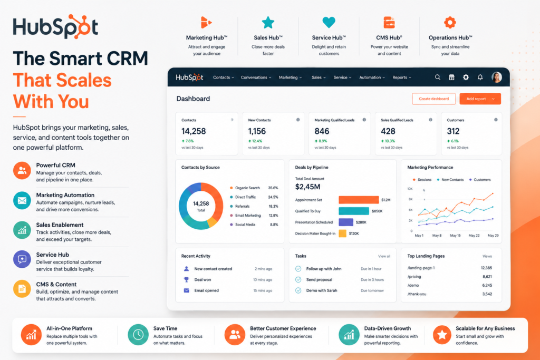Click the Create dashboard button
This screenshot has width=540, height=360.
tap(433, 99)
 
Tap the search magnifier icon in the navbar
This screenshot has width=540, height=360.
tap(437, 77)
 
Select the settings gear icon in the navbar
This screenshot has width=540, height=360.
tap(466, 77)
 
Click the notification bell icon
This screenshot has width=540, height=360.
tap(480, 77)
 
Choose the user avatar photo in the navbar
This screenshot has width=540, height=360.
tap(497, 77)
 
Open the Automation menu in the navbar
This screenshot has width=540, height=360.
tap(372, 77)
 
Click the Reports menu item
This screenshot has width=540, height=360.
tap(401, 77)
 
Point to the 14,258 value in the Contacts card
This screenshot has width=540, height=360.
tap(194, 131)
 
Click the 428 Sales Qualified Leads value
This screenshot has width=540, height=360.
tap(388, 131)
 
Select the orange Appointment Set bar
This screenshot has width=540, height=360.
tap(359, 200)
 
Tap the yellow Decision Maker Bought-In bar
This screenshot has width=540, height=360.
tap(342, 233)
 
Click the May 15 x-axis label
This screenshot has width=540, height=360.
tap(455, 236)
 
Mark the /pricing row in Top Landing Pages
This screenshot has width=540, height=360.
tap(449, 276)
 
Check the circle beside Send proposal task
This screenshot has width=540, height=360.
tap(298, 279)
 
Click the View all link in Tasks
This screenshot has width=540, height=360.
tap(384, 256)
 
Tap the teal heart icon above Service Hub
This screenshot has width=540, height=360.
tap(329, 22)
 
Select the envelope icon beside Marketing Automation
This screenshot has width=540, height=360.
tap(22, 200)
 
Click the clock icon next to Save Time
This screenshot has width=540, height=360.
tap(138, 334)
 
